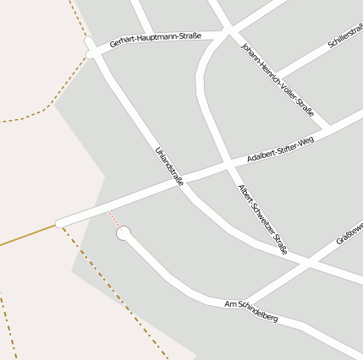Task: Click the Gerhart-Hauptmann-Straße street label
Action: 155,39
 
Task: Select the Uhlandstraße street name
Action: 169,166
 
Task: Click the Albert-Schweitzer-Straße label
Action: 263,219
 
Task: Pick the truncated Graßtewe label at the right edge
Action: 349,232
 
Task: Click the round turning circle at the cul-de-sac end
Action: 124,232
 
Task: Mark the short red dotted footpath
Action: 114,220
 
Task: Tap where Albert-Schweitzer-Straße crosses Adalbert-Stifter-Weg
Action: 229,163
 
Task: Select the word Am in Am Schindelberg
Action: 231,303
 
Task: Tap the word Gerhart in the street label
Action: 124,42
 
